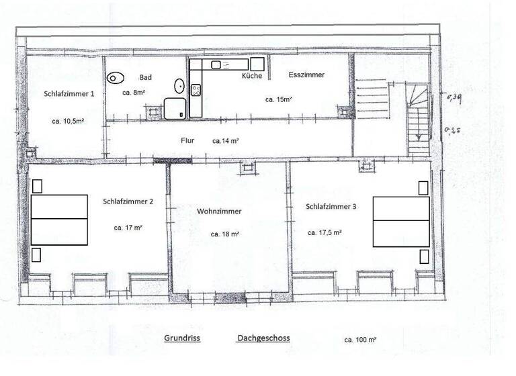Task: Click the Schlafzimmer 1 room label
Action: click(x=69, y=94)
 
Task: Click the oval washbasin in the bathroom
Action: click(x=179, y=87)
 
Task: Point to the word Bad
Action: click(x=145, y=77)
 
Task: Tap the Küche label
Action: click(x=252, y=77)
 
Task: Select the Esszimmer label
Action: click(x=306, y=75)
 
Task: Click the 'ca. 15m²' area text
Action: click(x=278, y=99)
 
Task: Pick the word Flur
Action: click(x=187, y=142)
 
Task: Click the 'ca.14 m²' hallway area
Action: click(x=226, y=142)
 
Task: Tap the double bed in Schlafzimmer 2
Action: click(x=58, y=220)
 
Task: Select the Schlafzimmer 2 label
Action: click(x=129, y=201)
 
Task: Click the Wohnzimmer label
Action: click(x=219, y=211)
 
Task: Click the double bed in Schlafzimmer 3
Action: click(x=401, y=222)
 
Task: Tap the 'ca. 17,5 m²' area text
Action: click(x=325, y=232)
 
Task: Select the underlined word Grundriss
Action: click(x=182, y=338)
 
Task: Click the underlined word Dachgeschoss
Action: click(x=263, y=338)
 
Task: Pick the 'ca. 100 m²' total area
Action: click(x=360, y=340)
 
